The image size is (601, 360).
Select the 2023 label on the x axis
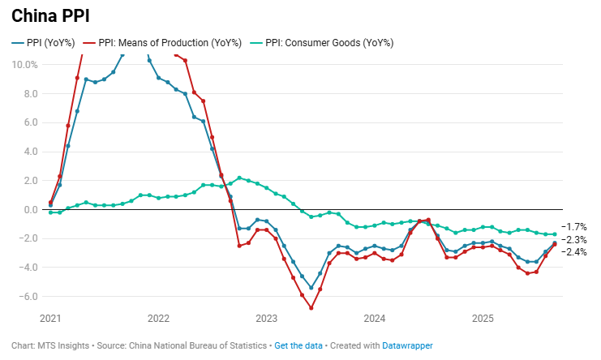pos(266,319)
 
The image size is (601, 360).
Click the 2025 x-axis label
pos(483,319)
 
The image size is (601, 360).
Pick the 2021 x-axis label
pos(50,319)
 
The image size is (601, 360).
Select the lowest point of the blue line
pos(311,288)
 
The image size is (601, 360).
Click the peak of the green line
pos(239,178)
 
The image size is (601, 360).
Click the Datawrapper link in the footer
pos(407,345)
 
